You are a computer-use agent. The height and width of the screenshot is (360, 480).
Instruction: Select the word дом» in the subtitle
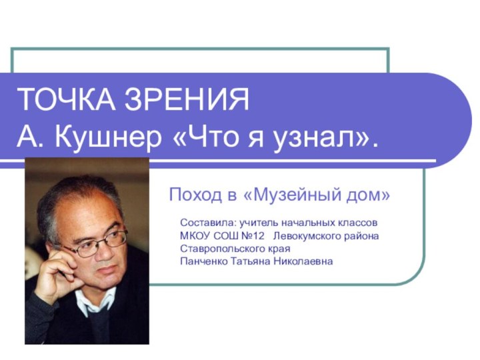(367, 195)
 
